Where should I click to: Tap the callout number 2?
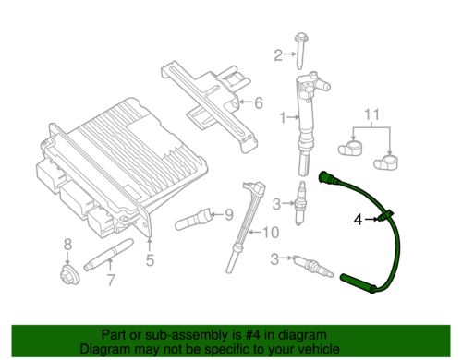(275, 55)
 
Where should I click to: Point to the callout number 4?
(359, 219)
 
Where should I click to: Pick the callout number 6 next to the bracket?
(259, 102)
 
